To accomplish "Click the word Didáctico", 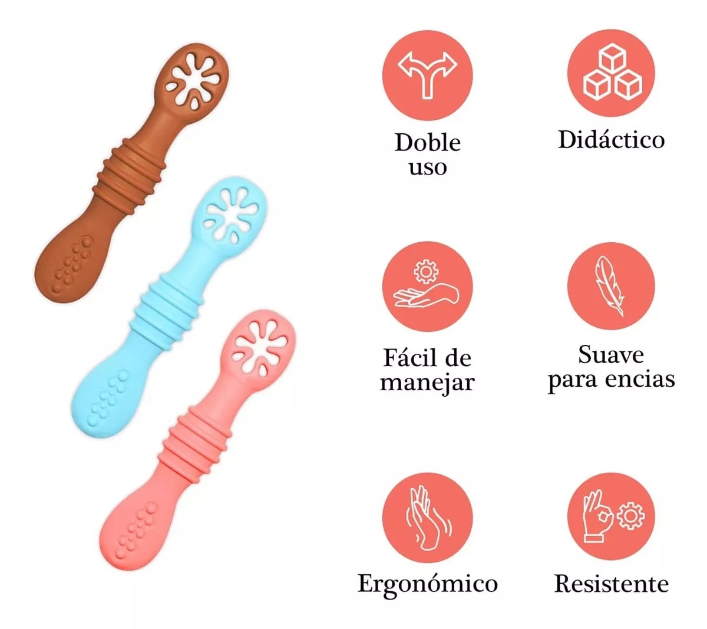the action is pos(611,140).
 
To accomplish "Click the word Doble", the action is pos(428,143).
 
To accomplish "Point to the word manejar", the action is pos(427,384).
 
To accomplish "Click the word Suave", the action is pos(611,355).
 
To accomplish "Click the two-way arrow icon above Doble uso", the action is pos(427,74).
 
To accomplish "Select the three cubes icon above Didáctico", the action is pos(612,74).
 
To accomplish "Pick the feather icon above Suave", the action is pos(610,286).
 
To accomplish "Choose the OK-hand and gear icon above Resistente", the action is pos(613,516).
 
